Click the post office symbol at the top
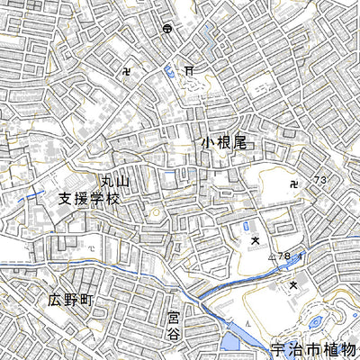167,29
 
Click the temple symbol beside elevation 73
297,185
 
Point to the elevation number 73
319,182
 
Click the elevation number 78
284,258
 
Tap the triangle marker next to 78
271,258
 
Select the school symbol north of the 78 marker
256,240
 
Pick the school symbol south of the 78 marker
293,284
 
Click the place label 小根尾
223,142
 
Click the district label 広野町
71,300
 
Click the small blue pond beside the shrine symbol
168,71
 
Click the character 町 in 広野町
90,300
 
